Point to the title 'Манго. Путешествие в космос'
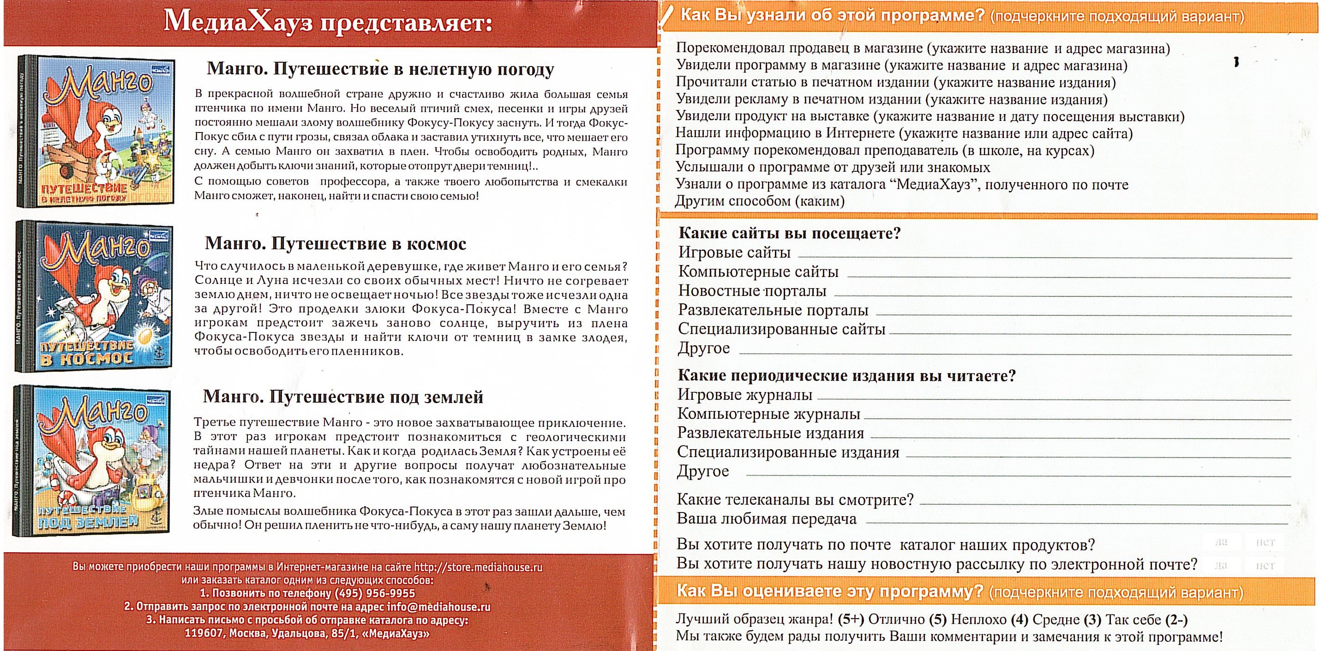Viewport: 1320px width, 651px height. point(336,243)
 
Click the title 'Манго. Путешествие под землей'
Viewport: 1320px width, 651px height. point(343,397)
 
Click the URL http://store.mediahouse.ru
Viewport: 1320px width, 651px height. point(478,567)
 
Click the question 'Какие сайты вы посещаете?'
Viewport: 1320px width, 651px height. point(789,234)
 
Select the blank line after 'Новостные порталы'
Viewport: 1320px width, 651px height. point(1061,295)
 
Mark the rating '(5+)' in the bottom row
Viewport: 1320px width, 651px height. point(851,619)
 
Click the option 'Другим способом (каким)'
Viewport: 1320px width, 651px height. point(759,201)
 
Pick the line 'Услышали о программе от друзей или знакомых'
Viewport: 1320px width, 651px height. point(833,168)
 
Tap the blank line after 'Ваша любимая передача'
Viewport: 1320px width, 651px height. point(1076,523)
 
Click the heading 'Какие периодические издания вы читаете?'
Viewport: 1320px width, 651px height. point(846,376)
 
